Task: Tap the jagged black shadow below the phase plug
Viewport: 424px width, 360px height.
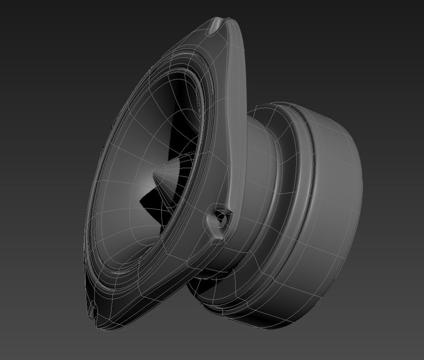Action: [x=150, y=207]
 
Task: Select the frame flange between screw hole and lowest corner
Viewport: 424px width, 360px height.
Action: [x=160, y=277]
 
